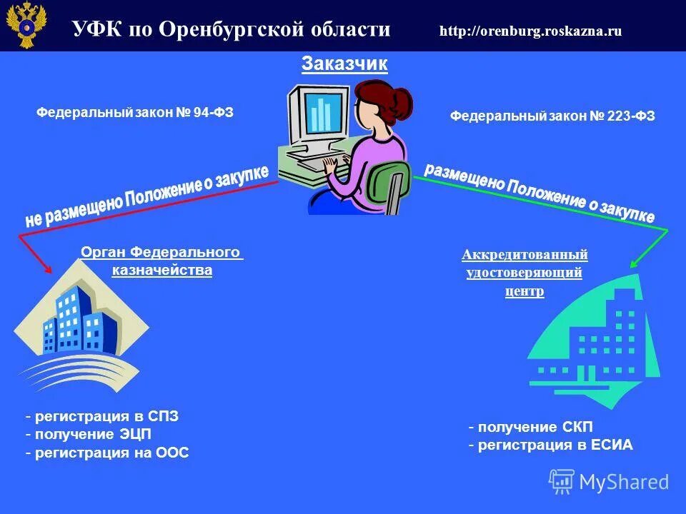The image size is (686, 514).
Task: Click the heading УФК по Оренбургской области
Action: [x=231, y=29]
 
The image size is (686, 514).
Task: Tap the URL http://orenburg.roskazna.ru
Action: [x=530, y=31]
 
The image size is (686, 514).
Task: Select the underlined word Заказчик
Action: [x=344, y=64]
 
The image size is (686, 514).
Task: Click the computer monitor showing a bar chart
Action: [x=319, y=117]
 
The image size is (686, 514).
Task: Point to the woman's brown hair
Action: [x=386, y=102]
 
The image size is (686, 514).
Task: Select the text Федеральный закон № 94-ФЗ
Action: [x=135, y=112]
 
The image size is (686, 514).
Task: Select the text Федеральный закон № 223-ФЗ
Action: [x=552, y=116]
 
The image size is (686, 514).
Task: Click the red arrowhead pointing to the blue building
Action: [x=48, y=269]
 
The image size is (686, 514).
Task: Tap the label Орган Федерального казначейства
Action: [x=161, y=261]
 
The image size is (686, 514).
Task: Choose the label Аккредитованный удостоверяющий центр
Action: [x=525, y=273]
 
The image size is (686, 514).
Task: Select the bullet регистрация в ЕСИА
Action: [x=551, y=445]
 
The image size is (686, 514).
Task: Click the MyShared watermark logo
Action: [x=609, y=482]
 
